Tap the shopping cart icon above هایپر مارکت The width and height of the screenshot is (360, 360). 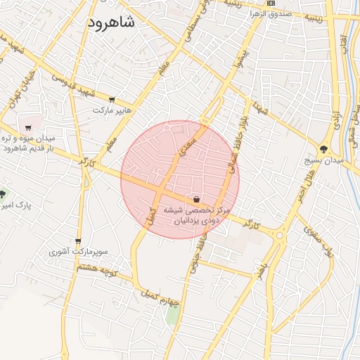(112, 99)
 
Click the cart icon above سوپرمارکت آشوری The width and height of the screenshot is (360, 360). (77, 241)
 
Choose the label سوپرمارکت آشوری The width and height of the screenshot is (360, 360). (77, 252)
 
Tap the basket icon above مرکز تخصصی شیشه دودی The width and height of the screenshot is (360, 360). (195, 198)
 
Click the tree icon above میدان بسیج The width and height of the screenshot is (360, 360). (323, 149)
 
